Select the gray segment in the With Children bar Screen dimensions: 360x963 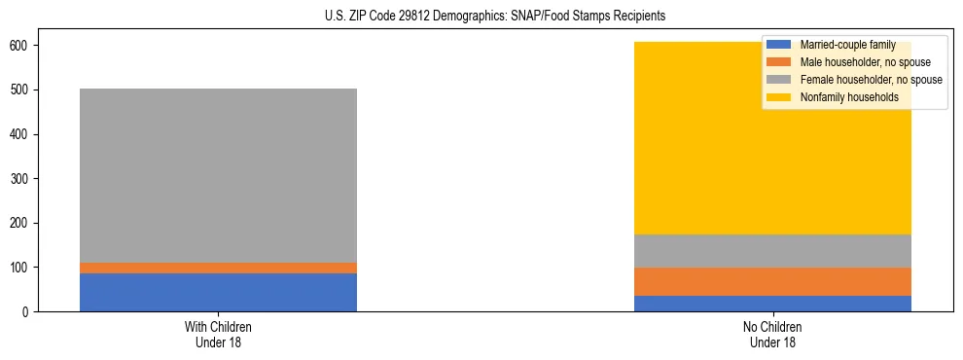coord(218,175)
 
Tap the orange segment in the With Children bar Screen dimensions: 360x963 coord(218,268)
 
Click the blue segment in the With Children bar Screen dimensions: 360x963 coord(218,292)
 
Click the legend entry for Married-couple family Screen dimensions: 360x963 coord(847,45)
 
